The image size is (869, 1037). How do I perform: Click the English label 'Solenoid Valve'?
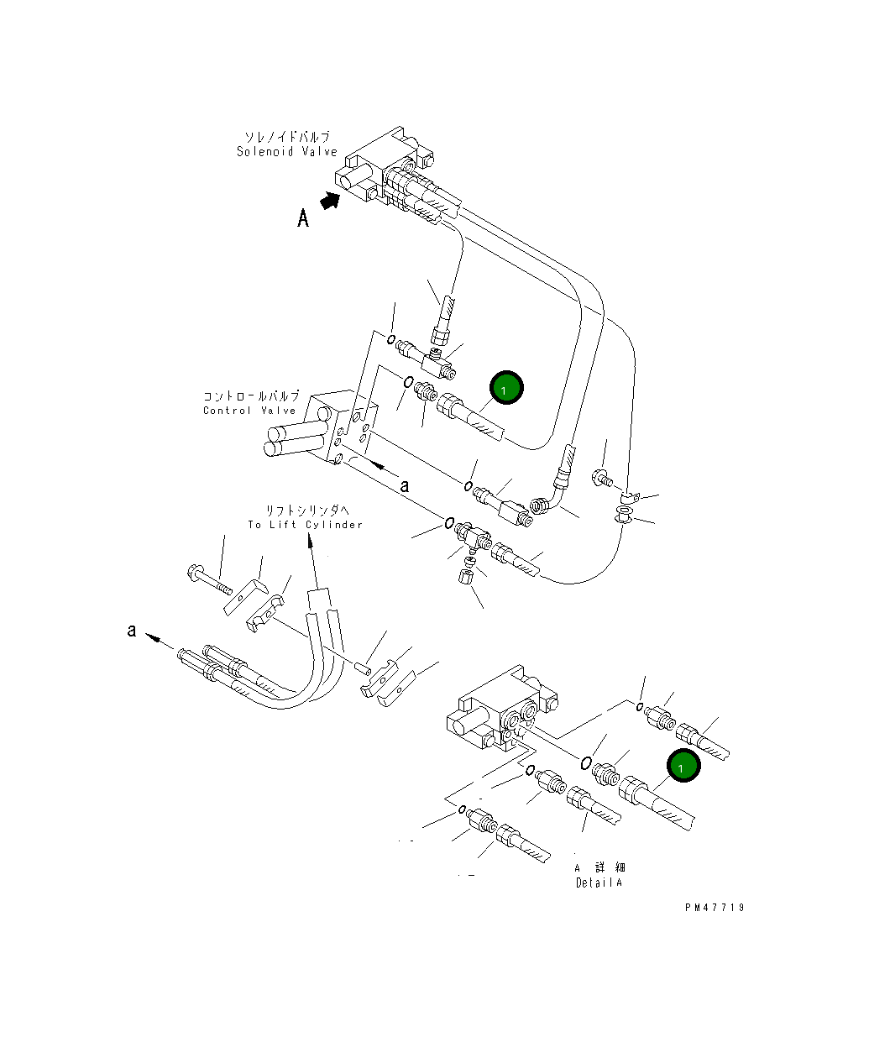tap(286, 152)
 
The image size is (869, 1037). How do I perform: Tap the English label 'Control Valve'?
tap(249, 411)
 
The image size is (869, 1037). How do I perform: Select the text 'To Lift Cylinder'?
tap(305, 525)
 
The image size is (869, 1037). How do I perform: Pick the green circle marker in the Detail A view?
tap(683, 767)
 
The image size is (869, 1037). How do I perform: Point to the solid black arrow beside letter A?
tap(331, 202)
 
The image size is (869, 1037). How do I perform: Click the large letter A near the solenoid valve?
tap(303, 218)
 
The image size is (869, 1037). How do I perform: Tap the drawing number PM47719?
tap(714, 908)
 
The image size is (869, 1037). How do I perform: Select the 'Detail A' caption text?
tap(599, 882)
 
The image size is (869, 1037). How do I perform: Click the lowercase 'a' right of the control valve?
tap(404, 485)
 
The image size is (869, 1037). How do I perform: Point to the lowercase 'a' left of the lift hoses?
tap(131, 630)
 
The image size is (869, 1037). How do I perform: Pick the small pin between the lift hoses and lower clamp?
tap(362, 668)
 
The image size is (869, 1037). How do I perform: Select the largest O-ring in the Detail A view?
tap(585, 762)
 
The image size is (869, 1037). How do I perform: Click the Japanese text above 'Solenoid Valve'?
tap(286, 137)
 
